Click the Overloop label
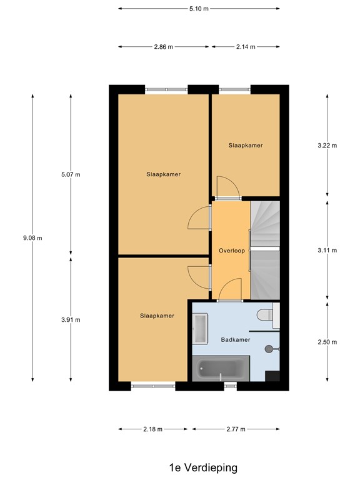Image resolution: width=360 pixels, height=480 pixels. click(231, 251)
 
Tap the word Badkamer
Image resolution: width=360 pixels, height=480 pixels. click(236, 339)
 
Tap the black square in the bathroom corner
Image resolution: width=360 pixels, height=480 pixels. click(272, 375)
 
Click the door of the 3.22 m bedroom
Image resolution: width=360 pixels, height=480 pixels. click(226, 187)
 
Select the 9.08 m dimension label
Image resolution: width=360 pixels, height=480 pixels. click(32, 237)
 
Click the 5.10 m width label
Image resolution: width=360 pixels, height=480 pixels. click(198, 9)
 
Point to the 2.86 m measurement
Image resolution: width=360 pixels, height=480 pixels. click(164, 47)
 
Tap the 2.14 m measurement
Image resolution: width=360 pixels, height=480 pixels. click(246, 47)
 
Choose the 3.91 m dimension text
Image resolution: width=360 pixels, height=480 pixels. click(71, 319)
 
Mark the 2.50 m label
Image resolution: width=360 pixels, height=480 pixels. click(327, 342)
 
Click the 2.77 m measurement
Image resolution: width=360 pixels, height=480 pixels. click(236, 429)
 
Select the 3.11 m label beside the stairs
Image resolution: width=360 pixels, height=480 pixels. click(327, 250)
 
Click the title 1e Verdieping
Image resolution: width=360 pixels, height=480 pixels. click(202, 467)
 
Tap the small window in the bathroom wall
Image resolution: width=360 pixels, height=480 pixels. click(231, 386)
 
